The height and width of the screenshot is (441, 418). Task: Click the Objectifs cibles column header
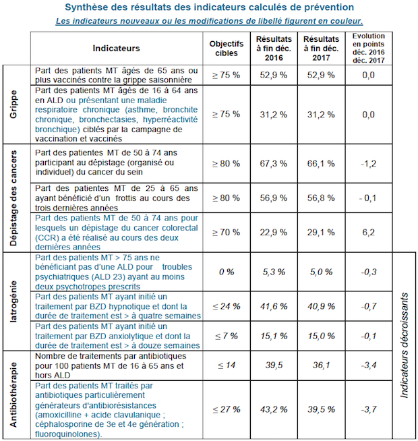pos(226,49)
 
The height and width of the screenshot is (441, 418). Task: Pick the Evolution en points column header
pos(367,49)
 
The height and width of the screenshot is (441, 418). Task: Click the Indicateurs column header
pos(116,49)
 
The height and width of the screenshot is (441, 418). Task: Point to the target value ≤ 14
pos(226,365)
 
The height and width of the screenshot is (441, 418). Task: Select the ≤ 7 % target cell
pos(226,335)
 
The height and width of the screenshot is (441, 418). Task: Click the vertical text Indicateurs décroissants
pos(404,344)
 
